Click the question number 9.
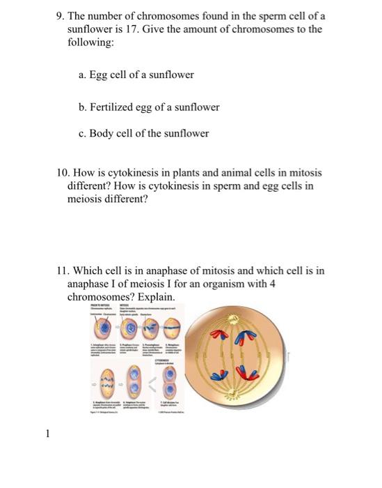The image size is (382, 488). click(59, 15)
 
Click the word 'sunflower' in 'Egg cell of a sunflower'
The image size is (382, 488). click(172, 75)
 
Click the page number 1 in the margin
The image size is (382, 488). click(47, 434)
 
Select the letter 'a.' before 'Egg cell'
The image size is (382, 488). click(82, 75)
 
